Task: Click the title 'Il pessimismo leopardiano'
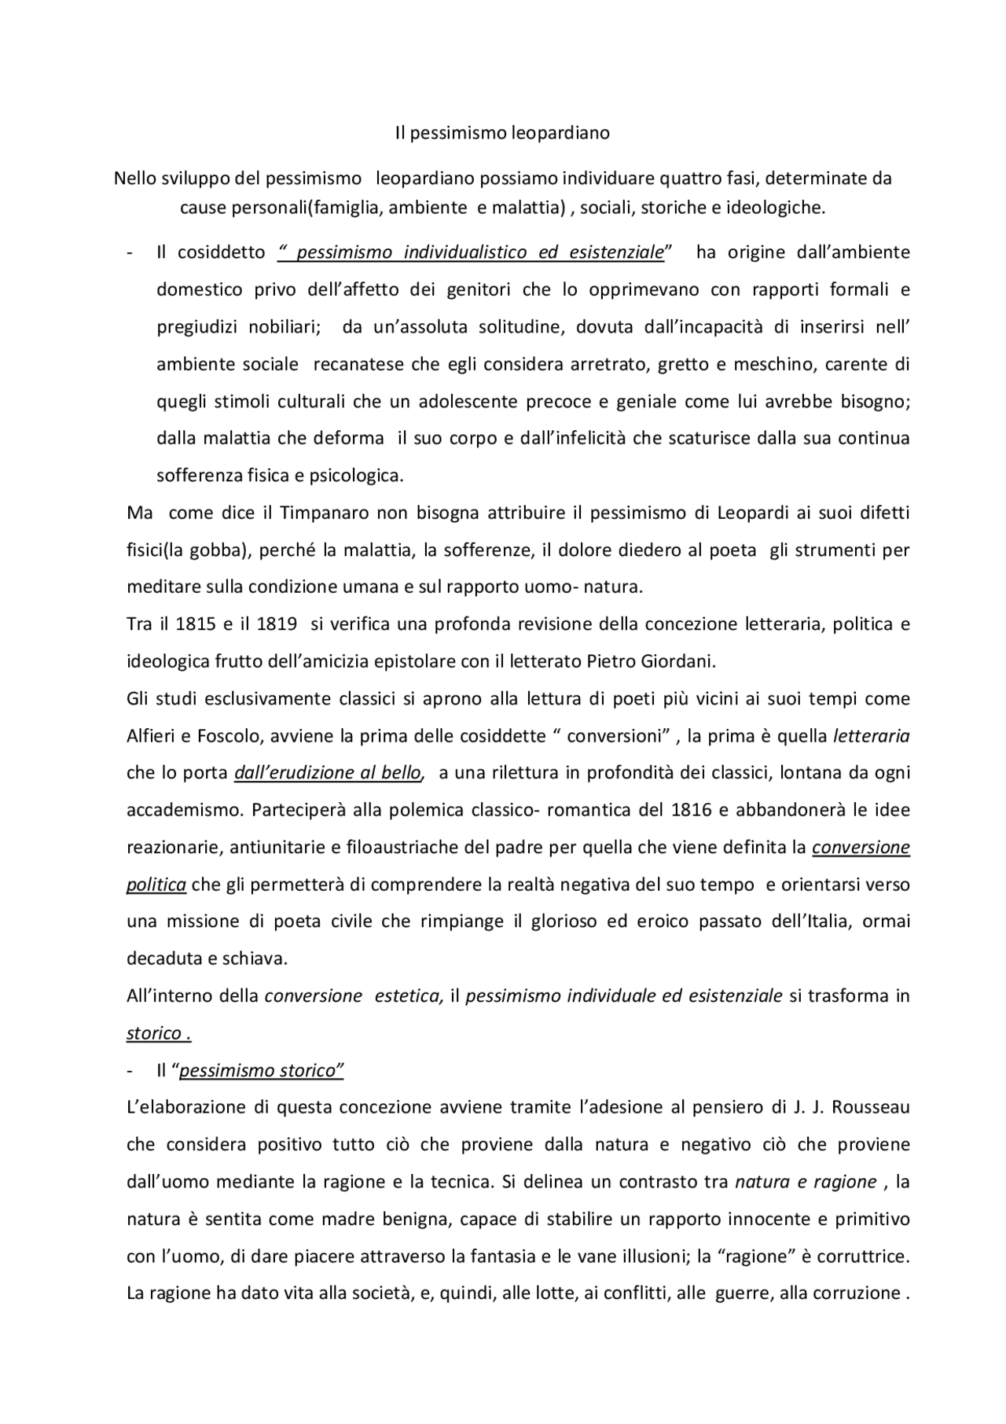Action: [502, 133]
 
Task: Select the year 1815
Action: [195, 624]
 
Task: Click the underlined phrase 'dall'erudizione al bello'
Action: [329, 773]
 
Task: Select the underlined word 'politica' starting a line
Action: [156, 885]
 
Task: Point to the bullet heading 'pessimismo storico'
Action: [262, 1071]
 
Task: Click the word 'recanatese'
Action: [354, 364]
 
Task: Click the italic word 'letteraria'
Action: [871, 736]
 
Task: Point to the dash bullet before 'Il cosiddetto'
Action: [129, 252]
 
